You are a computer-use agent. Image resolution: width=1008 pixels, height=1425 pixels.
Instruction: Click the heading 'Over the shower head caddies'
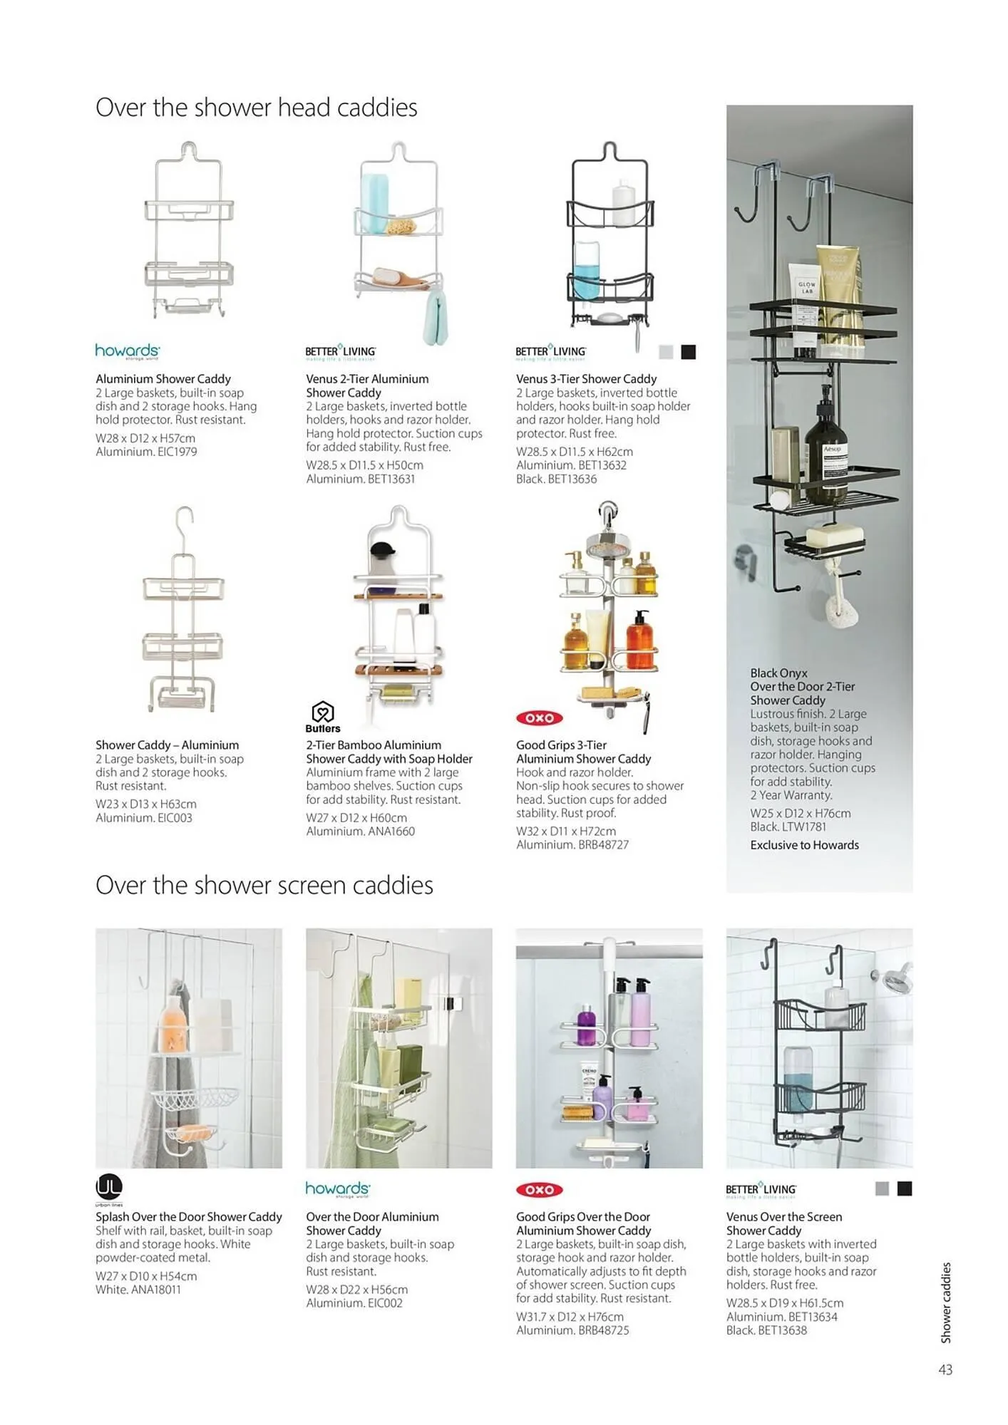tap(256, 108)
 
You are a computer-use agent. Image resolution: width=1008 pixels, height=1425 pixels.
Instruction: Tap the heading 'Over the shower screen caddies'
tap(264, 885)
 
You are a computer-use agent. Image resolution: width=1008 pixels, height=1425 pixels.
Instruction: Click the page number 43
tap(945, 1369)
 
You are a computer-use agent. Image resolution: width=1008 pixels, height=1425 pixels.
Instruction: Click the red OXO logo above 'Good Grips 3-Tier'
tap(539, 718)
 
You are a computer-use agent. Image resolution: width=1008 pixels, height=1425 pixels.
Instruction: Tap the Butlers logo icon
tap(323, 712)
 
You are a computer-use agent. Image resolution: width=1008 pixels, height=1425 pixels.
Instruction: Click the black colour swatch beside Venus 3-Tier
tap(688, 352)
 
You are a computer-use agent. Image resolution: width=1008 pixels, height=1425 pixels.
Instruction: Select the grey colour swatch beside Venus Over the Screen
tap(882, 1188)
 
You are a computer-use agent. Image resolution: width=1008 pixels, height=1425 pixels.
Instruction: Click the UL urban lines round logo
tap(109, 1187)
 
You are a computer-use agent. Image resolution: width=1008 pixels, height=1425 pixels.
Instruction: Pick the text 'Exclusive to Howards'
tap(804, 845)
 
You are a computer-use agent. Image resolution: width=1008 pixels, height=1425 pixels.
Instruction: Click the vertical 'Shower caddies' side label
tap(946, 1302)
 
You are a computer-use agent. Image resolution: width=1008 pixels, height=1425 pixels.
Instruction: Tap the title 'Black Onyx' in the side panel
tap(778, 673)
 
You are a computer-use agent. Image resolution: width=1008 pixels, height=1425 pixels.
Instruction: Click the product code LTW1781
tap(804, 827)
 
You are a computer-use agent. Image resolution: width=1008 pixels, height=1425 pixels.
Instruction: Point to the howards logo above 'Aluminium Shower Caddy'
tap(128, 351)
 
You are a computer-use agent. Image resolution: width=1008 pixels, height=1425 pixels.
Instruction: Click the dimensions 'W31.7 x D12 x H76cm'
tap(570, 1317)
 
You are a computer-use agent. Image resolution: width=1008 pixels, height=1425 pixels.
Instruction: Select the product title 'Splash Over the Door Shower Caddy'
tap(189, 1217)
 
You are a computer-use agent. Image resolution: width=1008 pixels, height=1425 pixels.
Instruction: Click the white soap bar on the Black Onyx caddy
tap(834, 534)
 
